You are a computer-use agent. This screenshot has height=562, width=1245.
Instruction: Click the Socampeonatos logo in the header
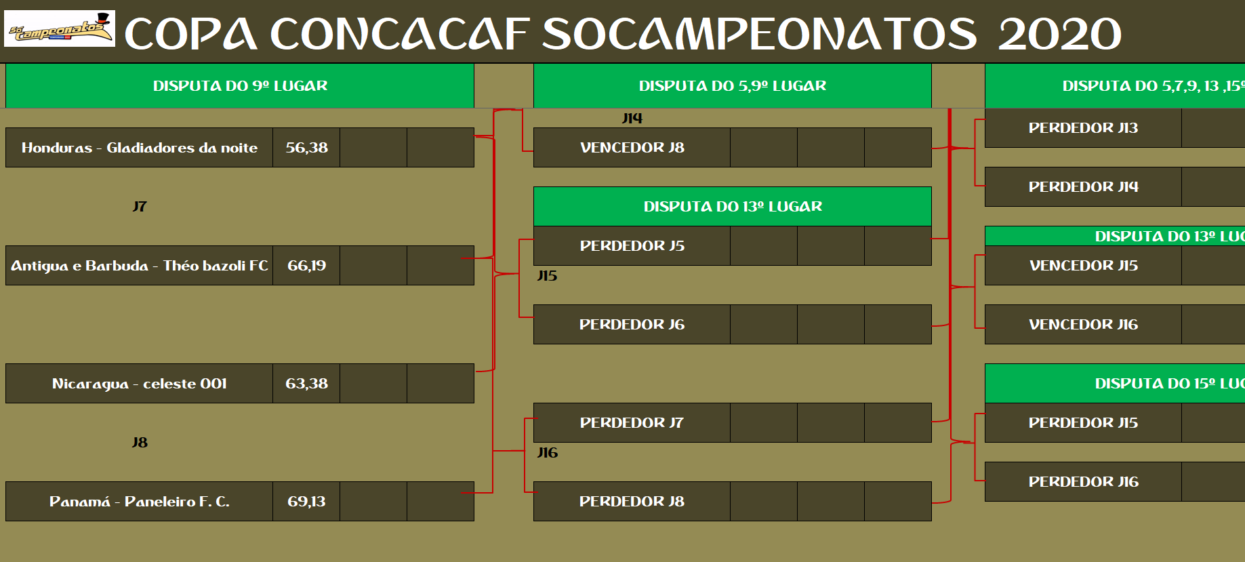coord(60,28)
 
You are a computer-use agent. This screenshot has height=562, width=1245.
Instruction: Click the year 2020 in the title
coord(1059,34)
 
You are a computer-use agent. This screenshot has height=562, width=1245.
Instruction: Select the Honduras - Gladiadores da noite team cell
coord(139,147)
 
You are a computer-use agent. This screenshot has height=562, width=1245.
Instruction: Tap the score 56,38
coord(306,147)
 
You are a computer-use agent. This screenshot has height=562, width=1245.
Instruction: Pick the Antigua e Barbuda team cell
coord(139,265)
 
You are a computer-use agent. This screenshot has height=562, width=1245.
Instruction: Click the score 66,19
coord(306,265)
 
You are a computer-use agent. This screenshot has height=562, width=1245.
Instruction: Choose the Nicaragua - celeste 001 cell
coord(139,383)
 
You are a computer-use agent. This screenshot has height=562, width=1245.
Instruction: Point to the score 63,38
coord(306,383)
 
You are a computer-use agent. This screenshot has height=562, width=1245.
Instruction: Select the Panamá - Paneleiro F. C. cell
coord(139,501)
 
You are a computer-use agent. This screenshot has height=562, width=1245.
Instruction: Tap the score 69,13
coord(306,501)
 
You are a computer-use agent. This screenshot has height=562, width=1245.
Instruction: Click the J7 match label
coord(140,206)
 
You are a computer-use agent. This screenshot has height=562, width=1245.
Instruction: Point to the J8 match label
coord(140,442)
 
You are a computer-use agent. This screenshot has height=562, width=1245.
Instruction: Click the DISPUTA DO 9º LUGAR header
coord(240,85)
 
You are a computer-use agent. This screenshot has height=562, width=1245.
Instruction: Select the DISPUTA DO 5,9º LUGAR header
coord(733,85)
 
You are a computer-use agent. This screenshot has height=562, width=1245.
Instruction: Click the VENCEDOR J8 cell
coord(632,147)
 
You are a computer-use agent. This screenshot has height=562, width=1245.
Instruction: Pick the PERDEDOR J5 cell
coord(632,245)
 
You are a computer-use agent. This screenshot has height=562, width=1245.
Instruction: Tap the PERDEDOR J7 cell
coord(632,422)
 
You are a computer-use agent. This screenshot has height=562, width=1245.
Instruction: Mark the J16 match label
coord(548,452)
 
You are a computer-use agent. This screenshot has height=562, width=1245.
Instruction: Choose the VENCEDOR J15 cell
coord(1083,265)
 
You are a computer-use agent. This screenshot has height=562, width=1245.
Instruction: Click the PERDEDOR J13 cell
coord(1083,127)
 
